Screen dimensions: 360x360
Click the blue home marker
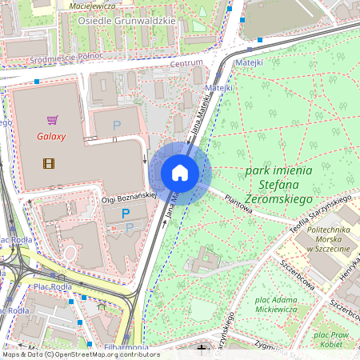[180, 173]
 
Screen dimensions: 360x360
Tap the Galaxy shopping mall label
[51, 136]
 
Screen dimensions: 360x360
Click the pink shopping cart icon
[52, 120]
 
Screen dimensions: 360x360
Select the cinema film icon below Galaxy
[50, 163]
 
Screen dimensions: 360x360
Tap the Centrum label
[186, 62]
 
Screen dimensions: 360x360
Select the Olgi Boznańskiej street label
[127, 194]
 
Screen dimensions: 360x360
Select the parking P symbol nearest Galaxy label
[117, 125]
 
